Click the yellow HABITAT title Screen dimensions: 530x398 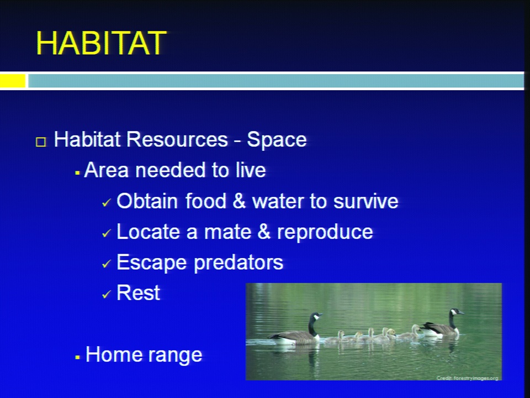(101, 43)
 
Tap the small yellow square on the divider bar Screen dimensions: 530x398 (13, 81)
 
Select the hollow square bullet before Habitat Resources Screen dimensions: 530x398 (40, 142)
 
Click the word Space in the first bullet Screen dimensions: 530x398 (277, 140)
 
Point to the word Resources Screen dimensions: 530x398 (177, 139)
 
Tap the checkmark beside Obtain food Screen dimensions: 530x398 (106, 202)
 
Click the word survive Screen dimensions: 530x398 (365, 201)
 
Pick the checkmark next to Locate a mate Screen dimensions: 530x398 (106, 233)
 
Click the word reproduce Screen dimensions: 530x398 (325, 233)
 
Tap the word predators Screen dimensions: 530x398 (239, 263)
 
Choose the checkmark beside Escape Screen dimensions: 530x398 (106, 264)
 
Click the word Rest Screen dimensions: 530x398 (138, 293)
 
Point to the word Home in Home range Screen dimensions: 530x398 (113, 354)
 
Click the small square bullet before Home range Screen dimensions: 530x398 (78, 357)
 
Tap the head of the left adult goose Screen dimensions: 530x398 (316, 316)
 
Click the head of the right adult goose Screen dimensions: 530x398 (457, 311)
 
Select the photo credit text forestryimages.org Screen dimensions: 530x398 (467, 378)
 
